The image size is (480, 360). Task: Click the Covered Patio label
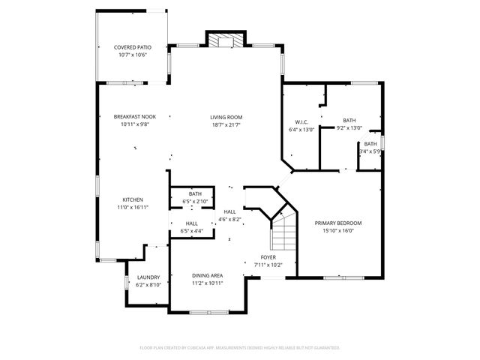pyautogui.click(x=133, y=47)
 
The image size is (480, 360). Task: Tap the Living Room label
pyautogui.click(x=226, y=117)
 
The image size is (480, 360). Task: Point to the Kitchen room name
pyautogui.click(x=133, y=199)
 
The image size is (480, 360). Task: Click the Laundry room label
pyautogui.click(x=148, y=277)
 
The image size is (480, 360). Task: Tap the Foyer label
pyautogui.click(x=268, y=257)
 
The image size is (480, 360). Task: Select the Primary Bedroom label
pyautogui.click(x=338, y=223)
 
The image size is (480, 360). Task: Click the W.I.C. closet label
pyautogui.click(x=301, y=121)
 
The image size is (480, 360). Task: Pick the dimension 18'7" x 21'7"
pyautogui.click(x=226, y=124)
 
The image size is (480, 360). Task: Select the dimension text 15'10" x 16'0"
pyautogui.click(x=338, y=230)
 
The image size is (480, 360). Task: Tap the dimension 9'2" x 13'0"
pyautogui.click(x=349, y=128)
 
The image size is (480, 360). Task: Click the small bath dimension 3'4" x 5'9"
pyautogui.click(x=370, y=152)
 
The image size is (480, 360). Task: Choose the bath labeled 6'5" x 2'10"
pyautogui.click(x=195, y=197)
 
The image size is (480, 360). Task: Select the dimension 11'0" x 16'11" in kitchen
pyautogui.click(x=133, y=207)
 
